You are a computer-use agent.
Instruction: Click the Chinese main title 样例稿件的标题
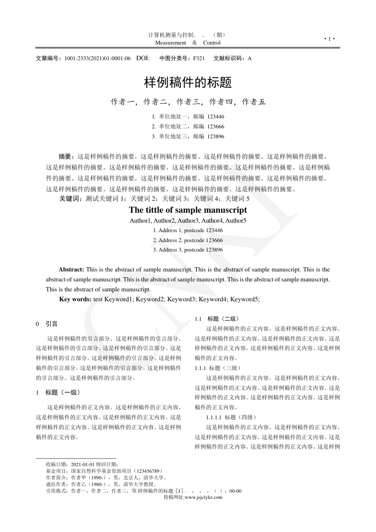tap(188, 83)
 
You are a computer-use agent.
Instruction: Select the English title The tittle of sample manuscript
tap(188, 210)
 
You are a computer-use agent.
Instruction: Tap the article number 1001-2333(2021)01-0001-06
tap(98, 58)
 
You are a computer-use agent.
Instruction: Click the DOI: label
tap(143, 58)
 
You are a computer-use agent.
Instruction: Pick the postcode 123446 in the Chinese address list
tap(215, 116)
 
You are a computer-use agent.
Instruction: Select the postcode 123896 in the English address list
tap(211, 250)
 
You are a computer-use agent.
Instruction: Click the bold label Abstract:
tap(71, 270)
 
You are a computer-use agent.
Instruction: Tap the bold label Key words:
tap(75, 299)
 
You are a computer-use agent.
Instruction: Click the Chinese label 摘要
tap(65, 156)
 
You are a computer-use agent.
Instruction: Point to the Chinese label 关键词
tap(70, 198)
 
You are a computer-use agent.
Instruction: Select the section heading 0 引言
tap(47, 324)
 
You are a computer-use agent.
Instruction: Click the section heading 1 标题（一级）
tap(60, 392)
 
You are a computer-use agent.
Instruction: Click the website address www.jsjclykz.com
tap(204, 497)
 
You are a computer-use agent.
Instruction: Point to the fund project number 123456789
tap(150, 471)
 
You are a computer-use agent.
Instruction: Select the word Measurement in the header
tap(171, 43)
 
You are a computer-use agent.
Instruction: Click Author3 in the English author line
tap(188, 220)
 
